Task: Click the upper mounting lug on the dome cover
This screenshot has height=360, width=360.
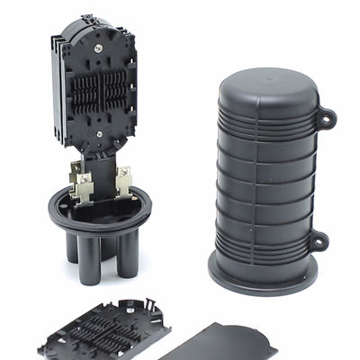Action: tap(325, 116)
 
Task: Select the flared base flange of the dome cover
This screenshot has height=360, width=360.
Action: tap(261, 274)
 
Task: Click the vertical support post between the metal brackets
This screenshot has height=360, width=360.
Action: tap(103, 175)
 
